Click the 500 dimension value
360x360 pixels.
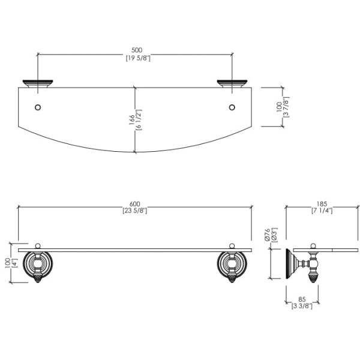[137, 50]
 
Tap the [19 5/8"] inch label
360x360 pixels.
[138, 58]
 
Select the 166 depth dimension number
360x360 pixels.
[132, 119]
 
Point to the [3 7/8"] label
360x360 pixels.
[286, 107]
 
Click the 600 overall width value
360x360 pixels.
[135, 203]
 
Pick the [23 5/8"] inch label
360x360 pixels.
[135, 211]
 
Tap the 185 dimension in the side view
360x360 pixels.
[322, 204]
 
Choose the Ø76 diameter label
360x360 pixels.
[267, 235]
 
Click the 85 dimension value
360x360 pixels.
[302, 299]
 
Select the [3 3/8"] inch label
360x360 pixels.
[302, 306]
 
